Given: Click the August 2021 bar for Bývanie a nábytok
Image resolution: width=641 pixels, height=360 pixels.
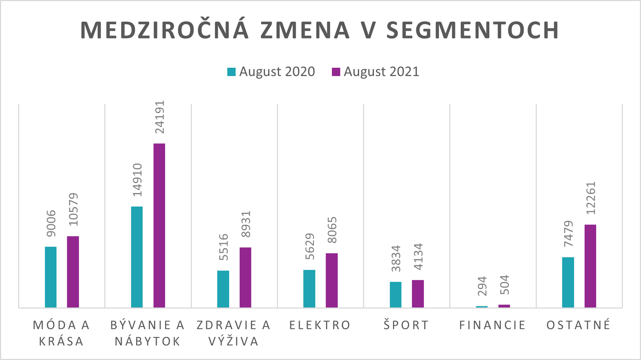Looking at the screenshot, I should click(159, 225).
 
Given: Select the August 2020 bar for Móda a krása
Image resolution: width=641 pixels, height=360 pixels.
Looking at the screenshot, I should click(51, 277).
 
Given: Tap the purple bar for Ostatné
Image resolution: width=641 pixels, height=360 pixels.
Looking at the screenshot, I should click(590, 266).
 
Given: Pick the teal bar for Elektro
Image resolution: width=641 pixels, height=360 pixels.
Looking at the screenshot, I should click(309, 289).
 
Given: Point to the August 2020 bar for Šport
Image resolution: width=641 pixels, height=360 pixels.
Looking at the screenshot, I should click(396, 294).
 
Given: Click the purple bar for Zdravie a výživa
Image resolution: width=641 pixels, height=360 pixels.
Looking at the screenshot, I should click(245, 277).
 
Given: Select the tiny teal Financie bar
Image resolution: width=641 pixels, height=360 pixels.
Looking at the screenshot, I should click(482, 307).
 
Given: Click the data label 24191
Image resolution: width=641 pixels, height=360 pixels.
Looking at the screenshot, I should click(160, 117).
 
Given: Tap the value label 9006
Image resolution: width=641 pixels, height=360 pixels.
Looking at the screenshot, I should click(51, 223).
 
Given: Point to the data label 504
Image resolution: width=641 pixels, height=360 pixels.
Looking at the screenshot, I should click(505, 285).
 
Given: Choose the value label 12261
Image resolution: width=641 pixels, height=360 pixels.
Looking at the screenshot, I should click(590, 198).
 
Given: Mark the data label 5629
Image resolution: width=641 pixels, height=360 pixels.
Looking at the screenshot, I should click(310, 247).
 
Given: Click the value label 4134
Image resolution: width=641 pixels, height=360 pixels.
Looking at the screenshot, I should click(418, 256).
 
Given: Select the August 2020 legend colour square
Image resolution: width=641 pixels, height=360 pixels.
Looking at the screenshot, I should click(231, 72).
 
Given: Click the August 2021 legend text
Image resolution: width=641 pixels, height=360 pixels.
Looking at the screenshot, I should click(381, 72).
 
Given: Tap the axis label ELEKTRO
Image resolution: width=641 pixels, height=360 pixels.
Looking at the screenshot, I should click(320, 325).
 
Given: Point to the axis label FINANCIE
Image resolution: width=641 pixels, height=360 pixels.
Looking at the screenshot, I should click(493, 325).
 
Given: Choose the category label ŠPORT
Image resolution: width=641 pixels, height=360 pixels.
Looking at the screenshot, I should click(406, 325).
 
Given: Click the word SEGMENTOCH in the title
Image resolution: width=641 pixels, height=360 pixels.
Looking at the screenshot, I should click(473, 30).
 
